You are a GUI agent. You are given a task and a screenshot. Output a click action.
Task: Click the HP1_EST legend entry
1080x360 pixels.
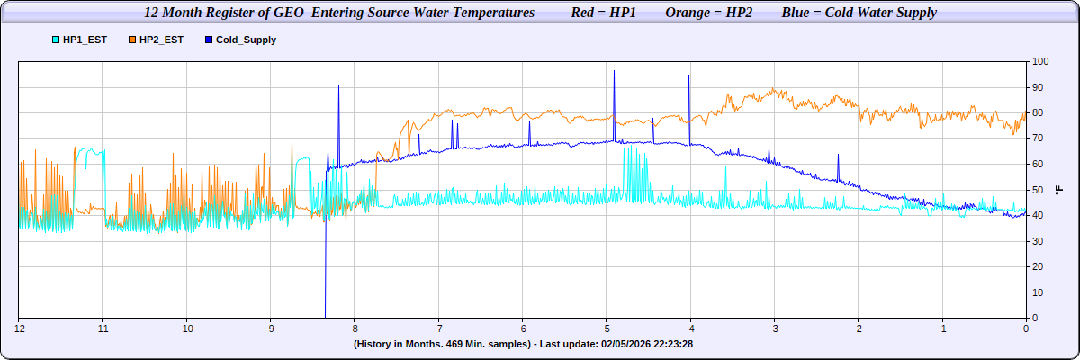pos(85,40)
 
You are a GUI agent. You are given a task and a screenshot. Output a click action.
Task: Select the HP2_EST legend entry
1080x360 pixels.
pos(161,40)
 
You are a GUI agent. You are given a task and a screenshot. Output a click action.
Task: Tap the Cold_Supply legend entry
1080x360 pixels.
pos(246,40)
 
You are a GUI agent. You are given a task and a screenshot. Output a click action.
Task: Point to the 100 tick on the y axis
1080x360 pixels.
pos(1040,61)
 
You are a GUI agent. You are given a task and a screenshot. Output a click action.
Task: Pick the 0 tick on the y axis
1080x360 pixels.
pos(1035,318)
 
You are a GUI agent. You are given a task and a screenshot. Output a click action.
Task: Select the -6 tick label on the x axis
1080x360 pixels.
pos(522,328)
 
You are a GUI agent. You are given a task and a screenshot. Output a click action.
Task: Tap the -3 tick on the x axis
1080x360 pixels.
pos(774,328)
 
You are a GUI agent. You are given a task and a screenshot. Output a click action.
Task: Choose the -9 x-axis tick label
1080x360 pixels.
pos(269,328)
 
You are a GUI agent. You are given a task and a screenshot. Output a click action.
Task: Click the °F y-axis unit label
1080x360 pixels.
pos(1059,189)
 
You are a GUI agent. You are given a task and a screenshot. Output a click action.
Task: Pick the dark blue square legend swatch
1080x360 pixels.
pos(209,40)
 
